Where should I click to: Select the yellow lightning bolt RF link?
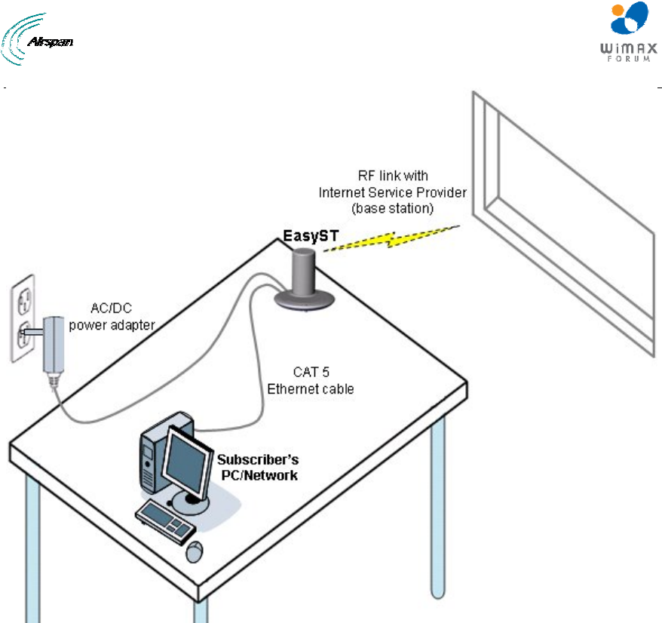[391, 238]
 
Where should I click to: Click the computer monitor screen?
[184, 459]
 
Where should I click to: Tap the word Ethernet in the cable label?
[290, 390]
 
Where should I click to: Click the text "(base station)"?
[392, 207]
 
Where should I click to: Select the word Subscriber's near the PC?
[256, 459]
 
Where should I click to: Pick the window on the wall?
[565, 226]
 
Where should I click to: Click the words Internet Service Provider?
[392, 192]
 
